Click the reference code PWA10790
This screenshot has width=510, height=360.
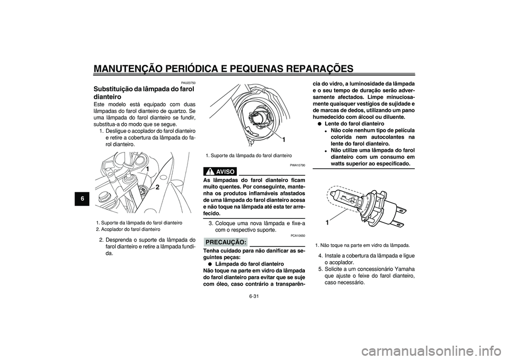click(x=297, y=166)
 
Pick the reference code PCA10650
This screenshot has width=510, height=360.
click(x=297, y=235)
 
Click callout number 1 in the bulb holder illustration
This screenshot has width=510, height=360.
click(x=285, y=139)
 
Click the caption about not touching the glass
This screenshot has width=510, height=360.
click(x=362, y=245)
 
